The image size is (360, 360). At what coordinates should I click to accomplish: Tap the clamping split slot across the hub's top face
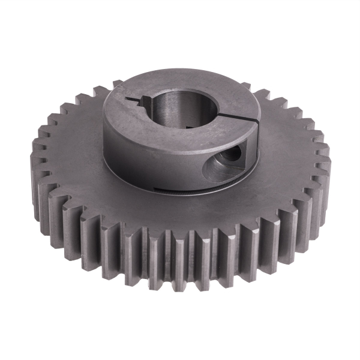pos(240,118)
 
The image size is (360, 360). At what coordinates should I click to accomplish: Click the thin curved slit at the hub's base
pos(180,191)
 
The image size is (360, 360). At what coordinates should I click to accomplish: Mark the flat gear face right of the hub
pos(288,156)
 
